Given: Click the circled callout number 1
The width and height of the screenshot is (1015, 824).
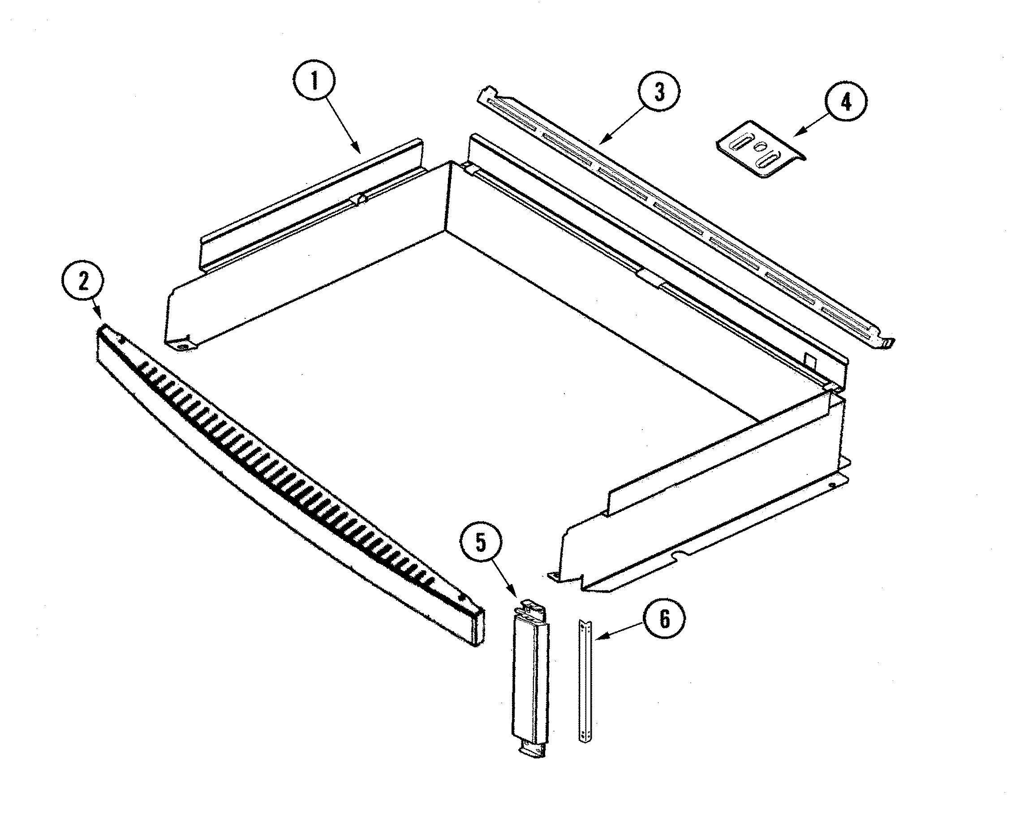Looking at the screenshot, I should (x=314, y=81).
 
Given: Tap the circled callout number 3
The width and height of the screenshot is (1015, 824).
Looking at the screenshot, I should (x=659, y=92).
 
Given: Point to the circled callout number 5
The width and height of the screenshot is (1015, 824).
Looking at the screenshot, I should (x=482, y=543).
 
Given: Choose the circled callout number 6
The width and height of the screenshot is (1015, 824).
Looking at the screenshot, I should (x=664, y=619).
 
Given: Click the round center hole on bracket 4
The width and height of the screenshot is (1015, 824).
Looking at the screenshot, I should (x=761, y=147).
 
